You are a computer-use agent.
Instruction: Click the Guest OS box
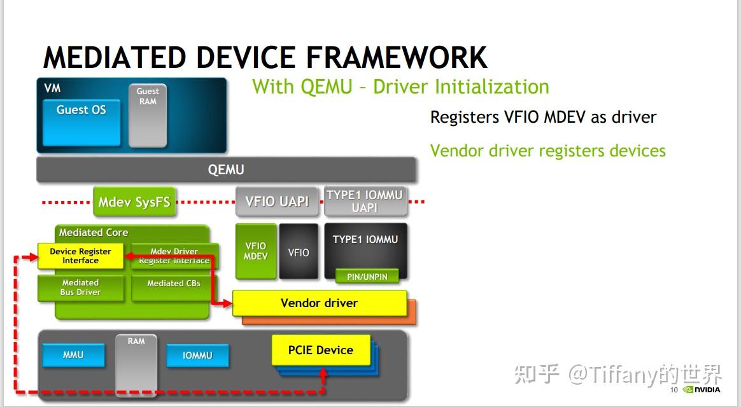click(81, 121)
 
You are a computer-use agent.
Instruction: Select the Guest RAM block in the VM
click(148, 115)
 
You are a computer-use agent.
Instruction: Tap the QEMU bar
click(226, 170)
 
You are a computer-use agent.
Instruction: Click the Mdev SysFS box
click(134, 202)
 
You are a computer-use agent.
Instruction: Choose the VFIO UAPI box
click(277, 202)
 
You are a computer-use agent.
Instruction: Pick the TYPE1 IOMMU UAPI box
click(365, 201)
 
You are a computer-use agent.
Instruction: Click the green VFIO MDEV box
click(256, 251)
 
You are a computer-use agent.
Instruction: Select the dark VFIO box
click(299, 252)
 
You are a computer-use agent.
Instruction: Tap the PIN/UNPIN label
click(367, 277)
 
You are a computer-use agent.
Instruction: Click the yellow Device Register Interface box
click(80, 256)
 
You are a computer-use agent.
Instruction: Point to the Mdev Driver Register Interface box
click(174, 256)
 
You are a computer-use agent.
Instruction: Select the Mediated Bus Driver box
click(80, 287)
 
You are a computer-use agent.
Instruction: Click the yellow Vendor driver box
click(319, 303)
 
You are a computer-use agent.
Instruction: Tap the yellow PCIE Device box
click(321, 350)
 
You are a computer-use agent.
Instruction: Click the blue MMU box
click(73, 355)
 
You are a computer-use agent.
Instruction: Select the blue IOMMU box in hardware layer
click(197, 355)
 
